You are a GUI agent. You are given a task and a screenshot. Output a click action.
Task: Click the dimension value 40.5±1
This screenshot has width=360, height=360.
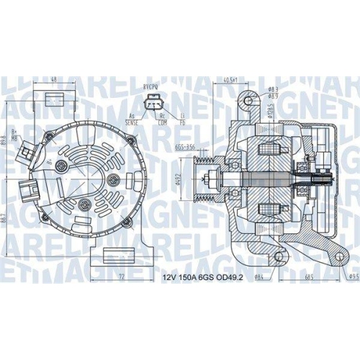[231, 81]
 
